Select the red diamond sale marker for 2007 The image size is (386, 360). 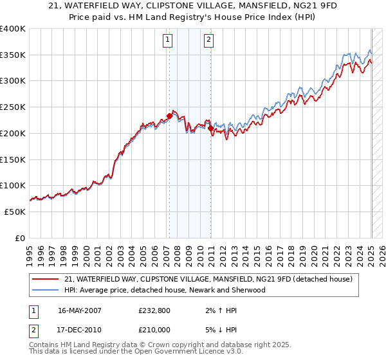169,116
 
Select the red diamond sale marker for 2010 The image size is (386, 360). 210,129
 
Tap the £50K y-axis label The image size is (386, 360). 15,212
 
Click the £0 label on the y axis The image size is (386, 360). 21,238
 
